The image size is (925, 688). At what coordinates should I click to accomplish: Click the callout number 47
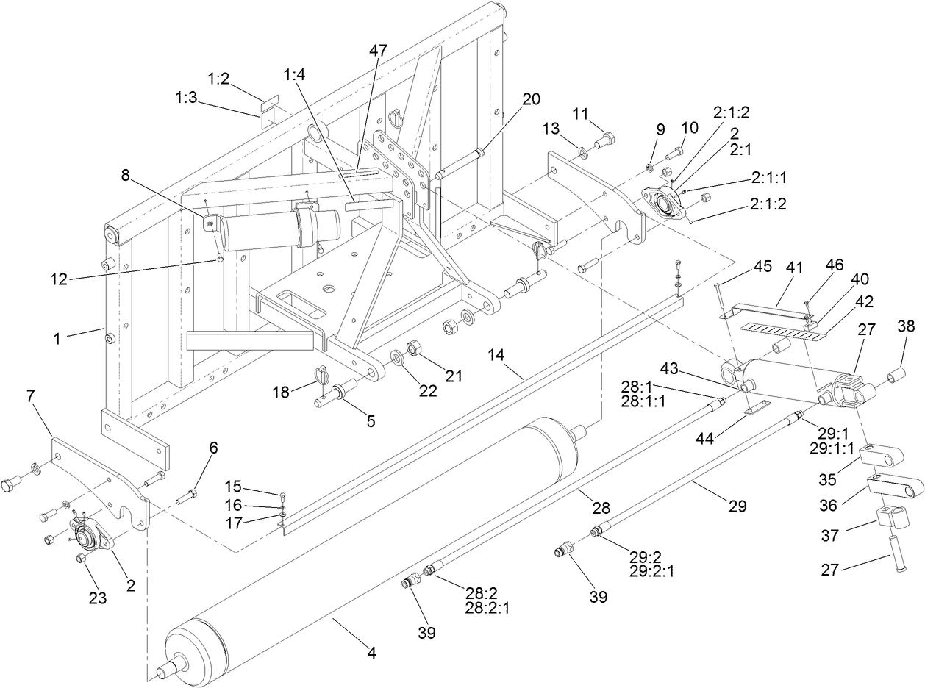pos(378,51)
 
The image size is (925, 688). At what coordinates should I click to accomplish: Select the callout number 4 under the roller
pos(372,652)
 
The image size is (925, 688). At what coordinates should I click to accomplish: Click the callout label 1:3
pos(185,97)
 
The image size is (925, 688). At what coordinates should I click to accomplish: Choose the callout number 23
pos(98,598)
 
